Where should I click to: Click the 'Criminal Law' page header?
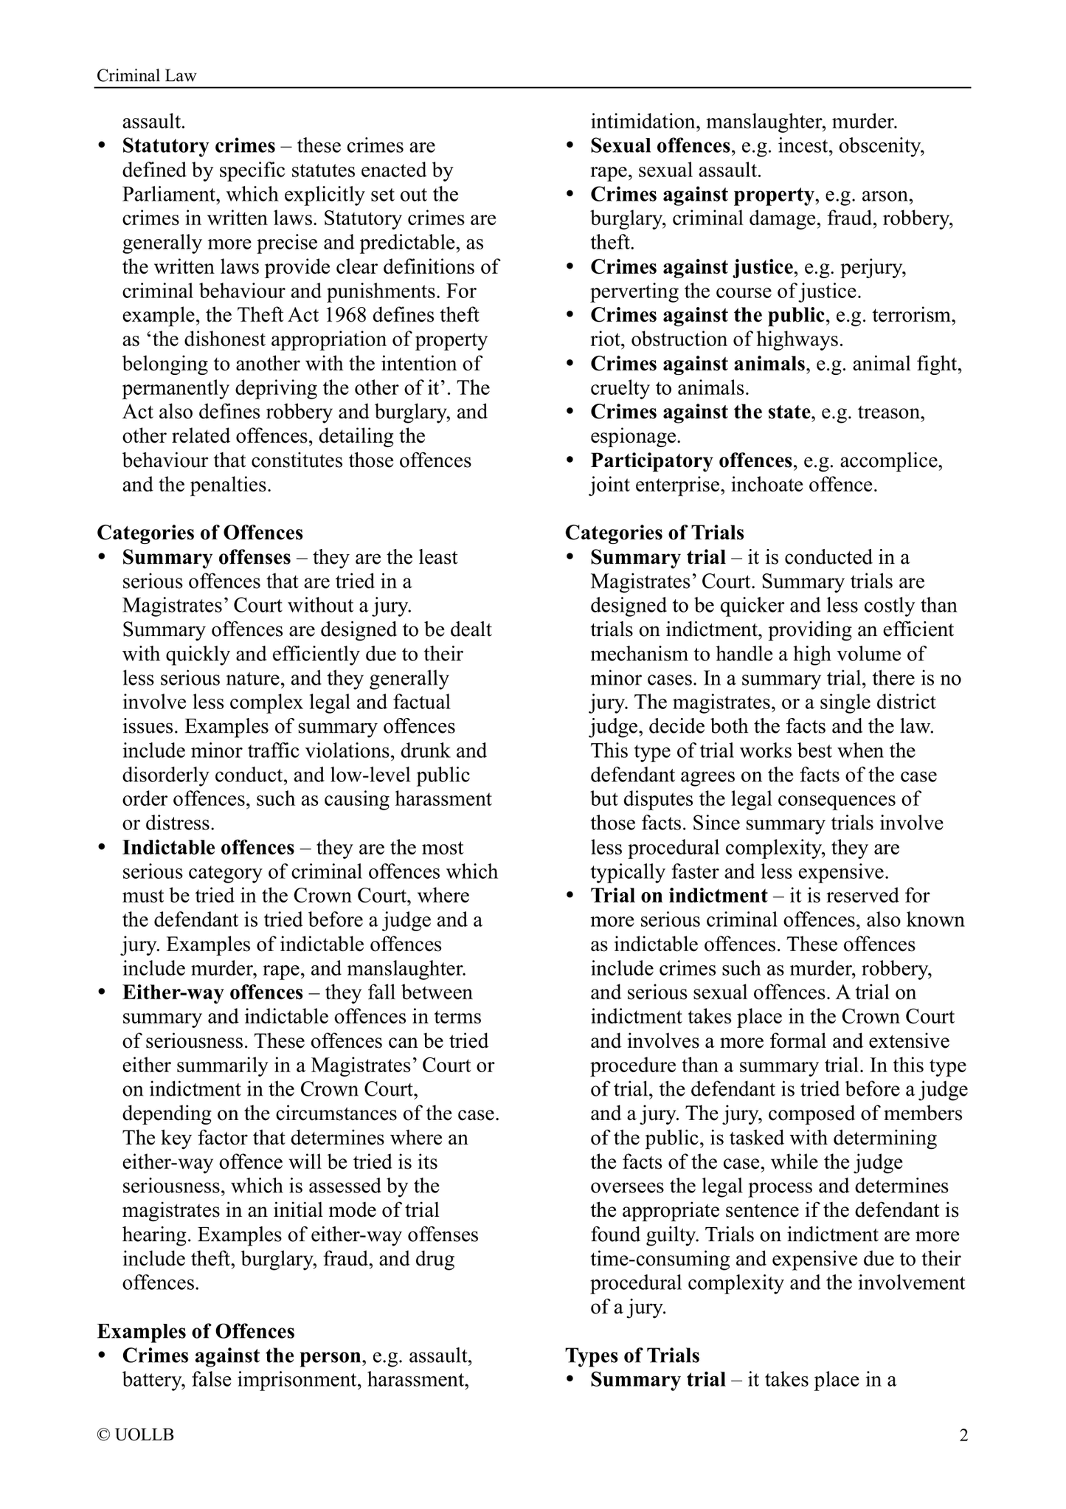point(147,76)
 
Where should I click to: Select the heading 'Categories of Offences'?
point(200,533)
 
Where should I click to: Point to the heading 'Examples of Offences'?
point(195,1331)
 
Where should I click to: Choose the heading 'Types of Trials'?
point(632,1356)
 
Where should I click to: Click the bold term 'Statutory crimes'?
point(198,146)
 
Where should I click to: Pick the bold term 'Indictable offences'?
point(208,848)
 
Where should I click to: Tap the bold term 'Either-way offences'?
point(212,992)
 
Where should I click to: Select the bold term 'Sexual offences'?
point(660,146)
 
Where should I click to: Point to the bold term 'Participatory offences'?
point(691,461)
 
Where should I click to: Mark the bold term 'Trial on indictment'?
point(679,896)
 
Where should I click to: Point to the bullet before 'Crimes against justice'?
point(570,267)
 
